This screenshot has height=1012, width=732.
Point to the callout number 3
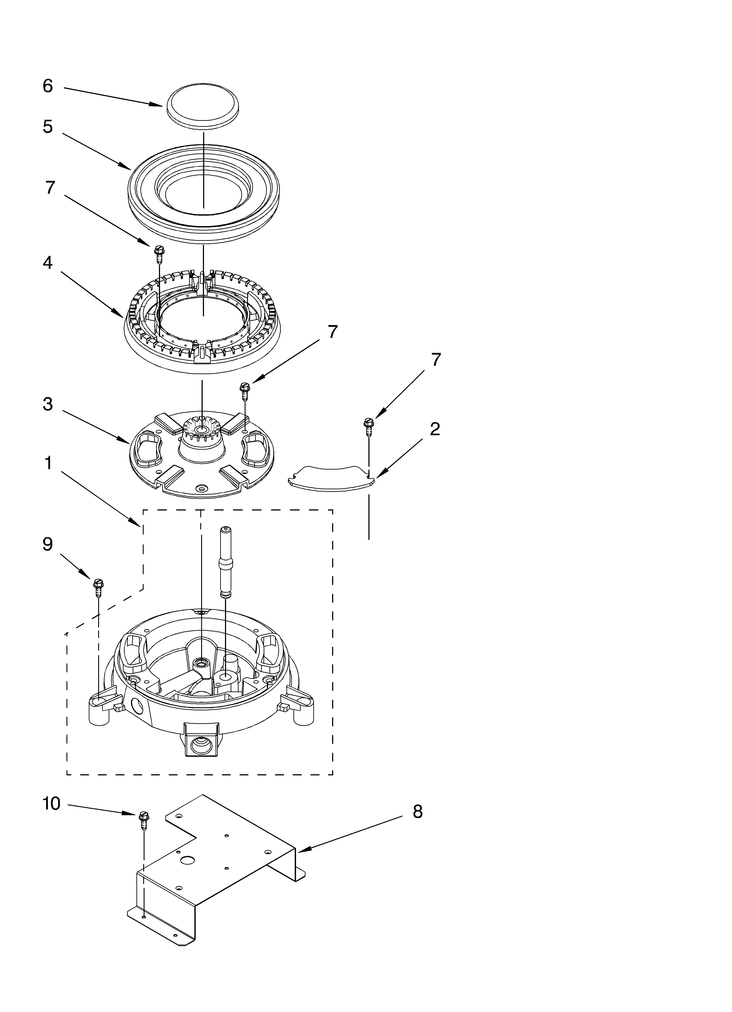click(x=48, y=404)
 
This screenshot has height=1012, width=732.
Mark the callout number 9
click(x=48, y=544)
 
